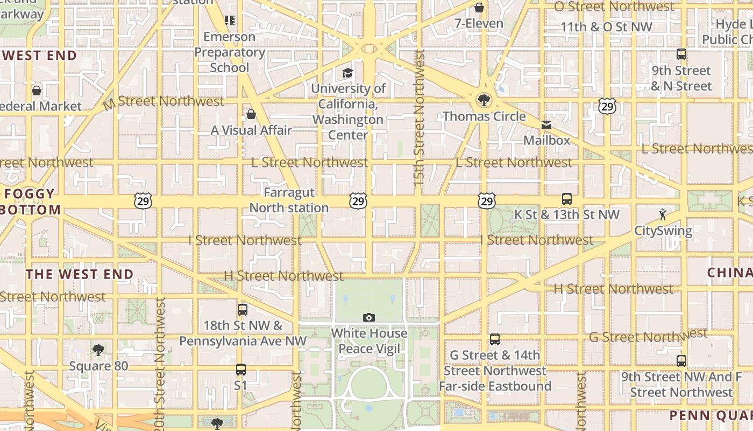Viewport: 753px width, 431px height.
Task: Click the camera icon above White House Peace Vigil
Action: point(368,317)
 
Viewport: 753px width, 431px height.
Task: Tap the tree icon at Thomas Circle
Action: point(484,100)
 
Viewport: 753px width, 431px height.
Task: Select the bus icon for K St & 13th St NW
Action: point(567,199)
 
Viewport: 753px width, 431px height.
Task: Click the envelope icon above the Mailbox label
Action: point(546,125)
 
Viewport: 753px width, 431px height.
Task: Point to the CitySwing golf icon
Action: point(663,215)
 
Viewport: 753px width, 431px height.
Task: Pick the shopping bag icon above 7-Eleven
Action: point(479,8)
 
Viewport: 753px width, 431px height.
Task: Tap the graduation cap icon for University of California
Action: point(348,73)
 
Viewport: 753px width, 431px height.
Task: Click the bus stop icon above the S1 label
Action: point(241,370)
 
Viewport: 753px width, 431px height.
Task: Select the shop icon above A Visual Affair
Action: point(251,114)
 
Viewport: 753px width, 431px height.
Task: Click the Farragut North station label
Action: point(289,200)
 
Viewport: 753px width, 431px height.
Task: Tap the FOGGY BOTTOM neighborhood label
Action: point(30,202)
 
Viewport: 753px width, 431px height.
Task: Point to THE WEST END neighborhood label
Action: point(80,274)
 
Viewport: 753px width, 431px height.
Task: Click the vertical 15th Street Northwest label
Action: point(420,119)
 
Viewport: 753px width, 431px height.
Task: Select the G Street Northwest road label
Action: point(648,337)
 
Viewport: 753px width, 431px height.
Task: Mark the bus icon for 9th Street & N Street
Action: point(681,54)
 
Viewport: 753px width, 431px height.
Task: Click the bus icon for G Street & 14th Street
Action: point(495,339)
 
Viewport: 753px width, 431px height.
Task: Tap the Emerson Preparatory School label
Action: point(230,52)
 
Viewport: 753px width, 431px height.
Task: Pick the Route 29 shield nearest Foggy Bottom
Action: point(143,201)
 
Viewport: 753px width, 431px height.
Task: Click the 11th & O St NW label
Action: point(606,27)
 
